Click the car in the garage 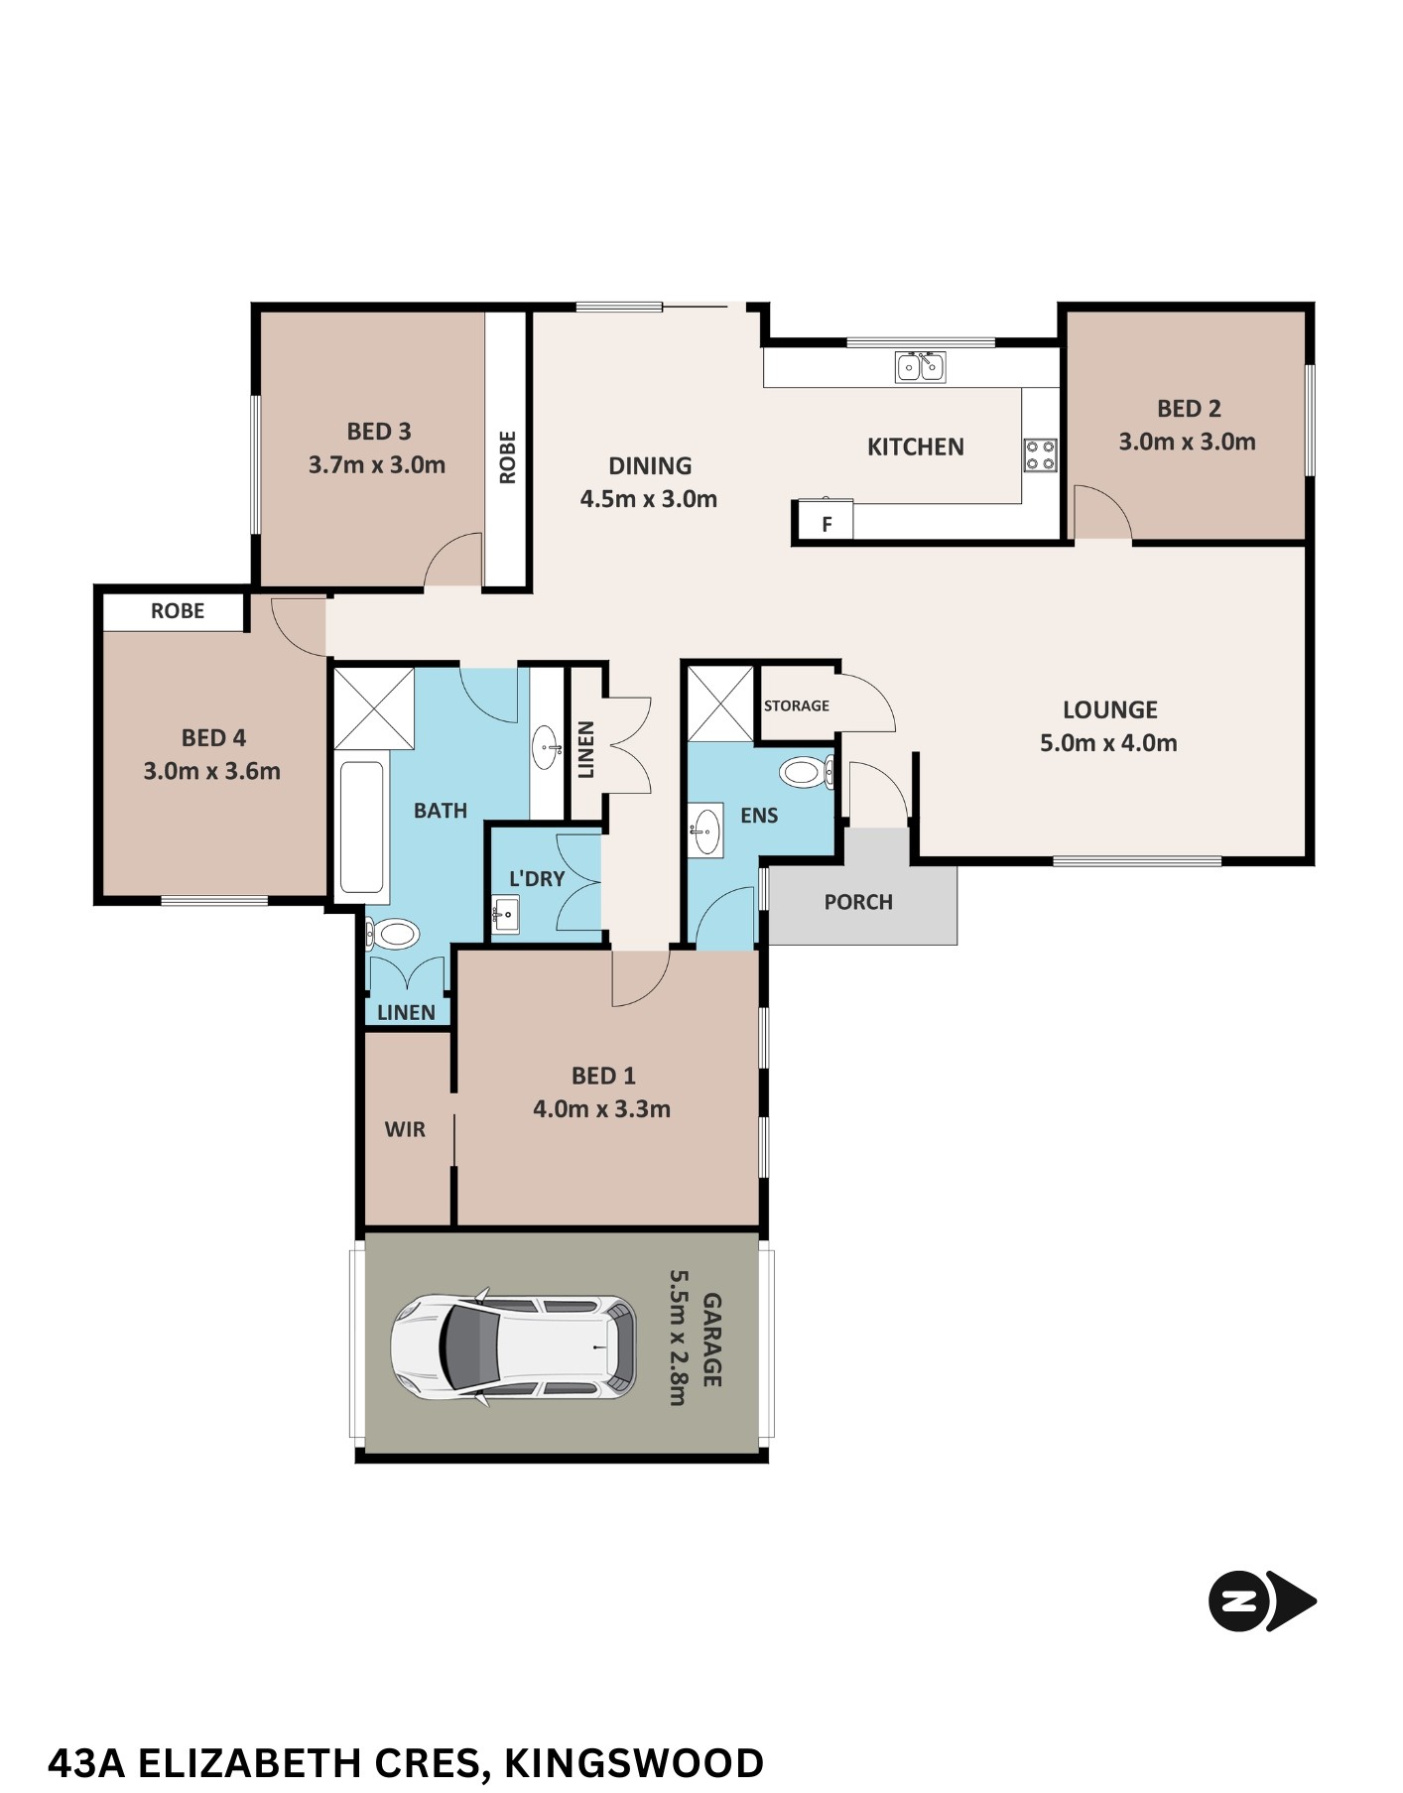tap(513, 1348)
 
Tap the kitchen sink tap(920, 366)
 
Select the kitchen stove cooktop tap(1041, 455)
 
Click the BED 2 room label tap(1189, 408)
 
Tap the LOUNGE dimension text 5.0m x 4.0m tap(1108, 742)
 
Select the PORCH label tap(858, 902)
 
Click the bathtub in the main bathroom tap(361, 828)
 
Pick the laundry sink tap(506, 914)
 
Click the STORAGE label tap(796, 705)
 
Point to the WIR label tap(405, 1129)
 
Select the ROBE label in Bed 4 tap(178, 611)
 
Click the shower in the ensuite tap(720, 704)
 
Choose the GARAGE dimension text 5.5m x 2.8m tap(678, 1338)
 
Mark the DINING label tap(650, 465)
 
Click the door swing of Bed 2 tap(1103, 512)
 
